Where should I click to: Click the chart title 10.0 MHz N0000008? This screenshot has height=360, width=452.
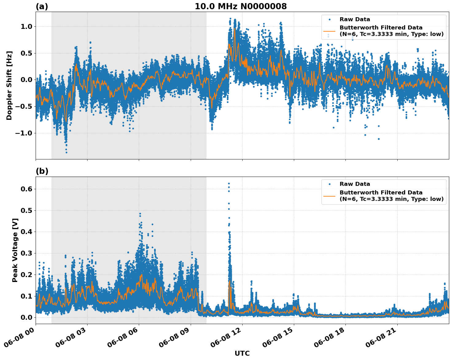point(241,6)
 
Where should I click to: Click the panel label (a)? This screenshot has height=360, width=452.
point(42,6)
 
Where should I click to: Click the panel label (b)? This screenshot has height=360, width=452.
point(42,171)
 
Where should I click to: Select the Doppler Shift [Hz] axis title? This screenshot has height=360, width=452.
point(9,85)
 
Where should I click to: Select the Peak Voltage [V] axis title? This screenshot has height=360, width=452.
point(15,250)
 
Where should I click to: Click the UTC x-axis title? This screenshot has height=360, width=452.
point(242,353)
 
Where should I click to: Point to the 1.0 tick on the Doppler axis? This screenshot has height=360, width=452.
point(26,27)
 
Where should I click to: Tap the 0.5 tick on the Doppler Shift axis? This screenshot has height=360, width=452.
point(26,53)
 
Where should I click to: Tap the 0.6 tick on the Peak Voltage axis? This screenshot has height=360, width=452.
point(26,189)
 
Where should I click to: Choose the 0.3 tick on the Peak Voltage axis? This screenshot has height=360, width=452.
point(26,253)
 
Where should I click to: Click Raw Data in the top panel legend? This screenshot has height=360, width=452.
point(355,20)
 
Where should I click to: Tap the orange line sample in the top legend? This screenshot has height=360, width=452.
point(329,31)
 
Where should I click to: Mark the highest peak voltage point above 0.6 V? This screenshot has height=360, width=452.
point(229,183)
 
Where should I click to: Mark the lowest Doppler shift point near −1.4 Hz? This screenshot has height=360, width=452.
point(66,152)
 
